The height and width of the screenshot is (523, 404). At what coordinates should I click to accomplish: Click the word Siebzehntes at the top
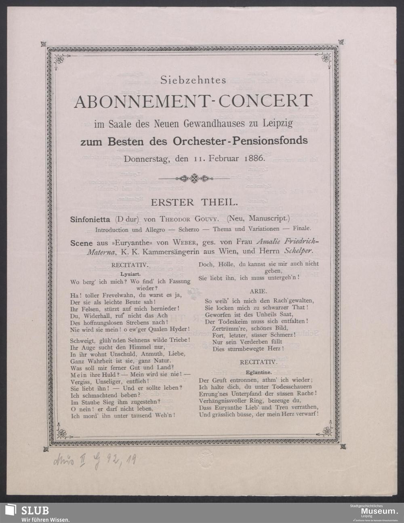click(193, 80)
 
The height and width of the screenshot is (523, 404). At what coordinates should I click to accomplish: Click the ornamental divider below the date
click(194, 178)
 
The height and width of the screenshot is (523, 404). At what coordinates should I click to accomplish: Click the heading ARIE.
click(258, 291)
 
